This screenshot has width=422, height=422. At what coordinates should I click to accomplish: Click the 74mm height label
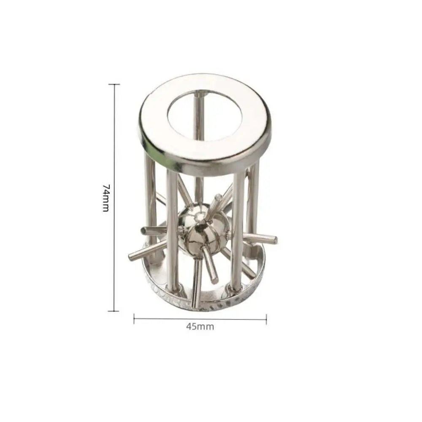click(x=106, y=197)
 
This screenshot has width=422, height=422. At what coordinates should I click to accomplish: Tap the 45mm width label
click(x=200, y=327)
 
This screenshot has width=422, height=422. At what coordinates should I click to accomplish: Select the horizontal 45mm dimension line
click(x=169, y=319)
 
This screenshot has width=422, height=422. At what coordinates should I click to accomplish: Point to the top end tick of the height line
click(x=114, y=84)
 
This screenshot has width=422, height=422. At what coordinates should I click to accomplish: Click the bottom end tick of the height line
click(x=114, y=311)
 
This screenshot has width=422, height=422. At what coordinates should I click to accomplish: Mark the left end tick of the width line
click(x=134, y=319)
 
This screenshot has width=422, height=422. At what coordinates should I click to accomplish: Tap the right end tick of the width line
click(x=266, y=319)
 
